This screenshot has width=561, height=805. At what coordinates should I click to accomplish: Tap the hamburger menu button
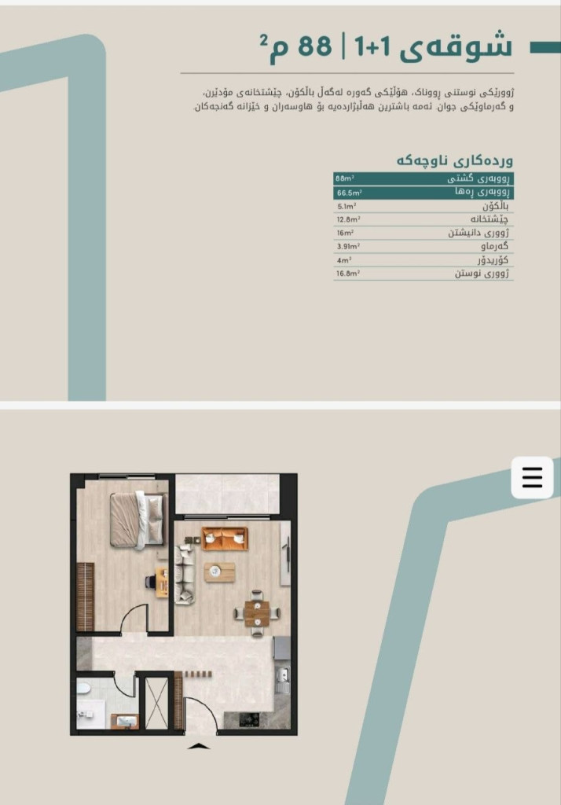[532, 477]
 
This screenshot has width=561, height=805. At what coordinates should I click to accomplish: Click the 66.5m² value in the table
[350, 193]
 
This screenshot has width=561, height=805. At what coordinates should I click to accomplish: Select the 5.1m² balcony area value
[347, 207]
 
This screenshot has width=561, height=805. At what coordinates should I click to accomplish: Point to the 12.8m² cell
[349, 219]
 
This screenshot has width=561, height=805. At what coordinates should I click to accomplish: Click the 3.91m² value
[349, 246]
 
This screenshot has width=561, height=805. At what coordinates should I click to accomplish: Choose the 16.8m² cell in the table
[348, 273]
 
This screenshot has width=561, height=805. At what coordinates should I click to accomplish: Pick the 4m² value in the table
[344, 260]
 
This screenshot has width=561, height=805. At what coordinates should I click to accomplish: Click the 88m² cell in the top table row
[345, 178]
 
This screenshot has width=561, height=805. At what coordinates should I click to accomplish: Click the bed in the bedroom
[138, 520]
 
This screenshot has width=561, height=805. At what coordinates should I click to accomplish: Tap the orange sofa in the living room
[225, 538]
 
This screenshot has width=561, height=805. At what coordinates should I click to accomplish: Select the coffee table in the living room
[220, 572]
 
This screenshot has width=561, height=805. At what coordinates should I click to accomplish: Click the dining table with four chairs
[257, 613]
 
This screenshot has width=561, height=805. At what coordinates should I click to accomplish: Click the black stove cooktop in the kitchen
[249, 720]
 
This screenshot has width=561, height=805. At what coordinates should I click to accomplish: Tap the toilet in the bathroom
[83, 688]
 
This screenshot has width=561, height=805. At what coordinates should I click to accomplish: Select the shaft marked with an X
[156, 703]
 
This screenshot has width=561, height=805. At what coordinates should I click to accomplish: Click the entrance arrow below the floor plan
[199, 746]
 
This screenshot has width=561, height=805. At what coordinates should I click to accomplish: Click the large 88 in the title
[314, 46]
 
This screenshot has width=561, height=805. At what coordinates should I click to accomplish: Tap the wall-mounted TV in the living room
[288, 553]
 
